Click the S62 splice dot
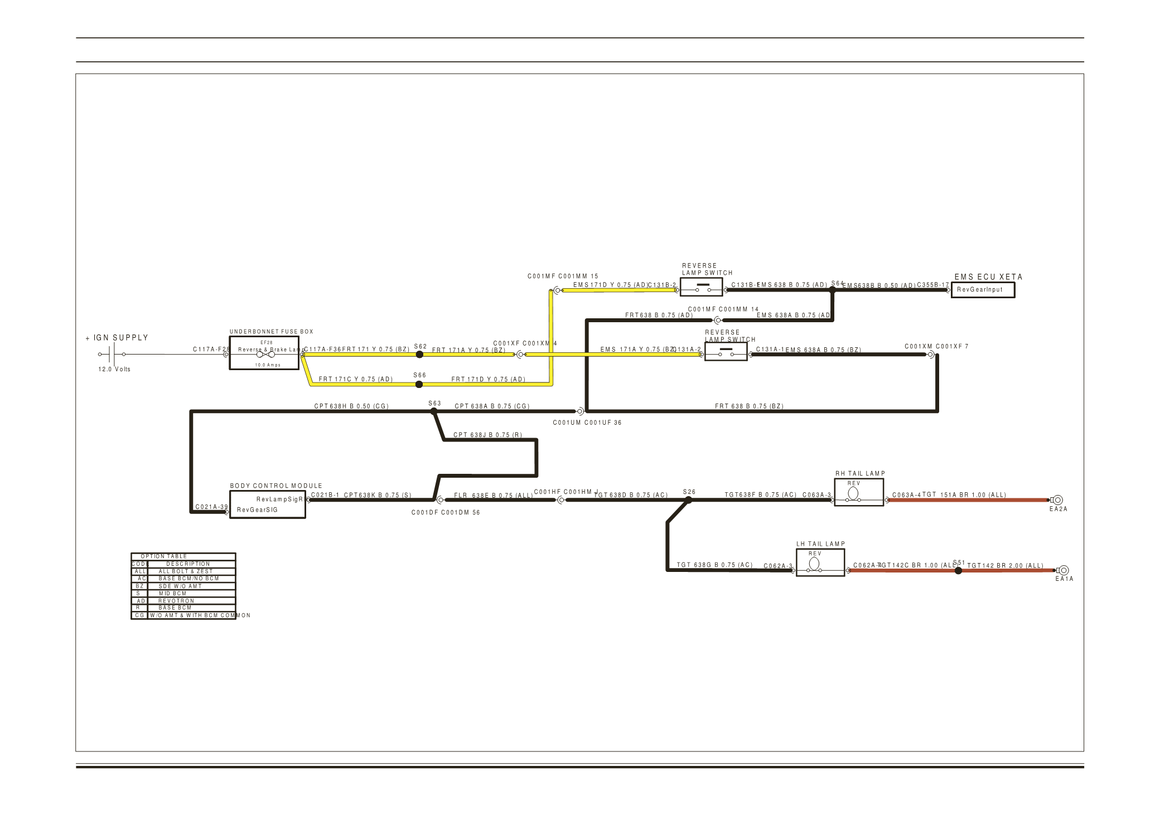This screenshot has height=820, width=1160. click(x=419, y=355)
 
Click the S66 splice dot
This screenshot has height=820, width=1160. click(x=419, y=384)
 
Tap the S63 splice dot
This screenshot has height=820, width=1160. click(x=434, y=411)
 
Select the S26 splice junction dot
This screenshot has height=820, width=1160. click(x=688, y=500)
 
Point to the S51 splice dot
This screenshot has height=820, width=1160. click(x=958, y=570)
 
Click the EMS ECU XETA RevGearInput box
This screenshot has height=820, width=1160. click(x=982, y=290)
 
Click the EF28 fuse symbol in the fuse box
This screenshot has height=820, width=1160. click(x=264, y=354)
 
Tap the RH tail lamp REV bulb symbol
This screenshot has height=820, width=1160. click(x=853, y=493)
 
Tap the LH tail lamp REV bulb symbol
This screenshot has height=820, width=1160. click(x=814, y=564)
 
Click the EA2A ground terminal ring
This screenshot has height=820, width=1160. click(x=1057, y=500)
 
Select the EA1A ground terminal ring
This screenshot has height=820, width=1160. click(x=1064, y=570)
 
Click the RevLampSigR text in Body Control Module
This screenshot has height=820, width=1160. click(x=279, y=499)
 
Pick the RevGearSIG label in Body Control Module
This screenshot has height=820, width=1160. click(x=257, y=510)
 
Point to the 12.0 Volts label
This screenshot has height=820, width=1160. click(x=114, y=369)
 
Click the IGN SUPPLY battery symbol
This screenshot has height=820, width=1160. click(x=112, y=354)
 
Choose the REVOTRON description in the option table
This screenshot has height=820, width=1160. click(x=176, y=601)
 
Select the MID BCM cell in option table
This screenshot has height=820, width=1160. click(x=172, y=594)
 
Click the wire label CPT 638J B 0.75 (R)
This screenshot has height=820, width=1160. click(x=487, y=435)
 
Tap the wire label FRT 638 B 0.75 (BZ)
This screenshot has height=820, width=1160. click(x=749, y=406)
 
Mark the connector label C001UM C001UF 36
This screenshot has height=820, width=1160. click(x=587, y=423)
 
